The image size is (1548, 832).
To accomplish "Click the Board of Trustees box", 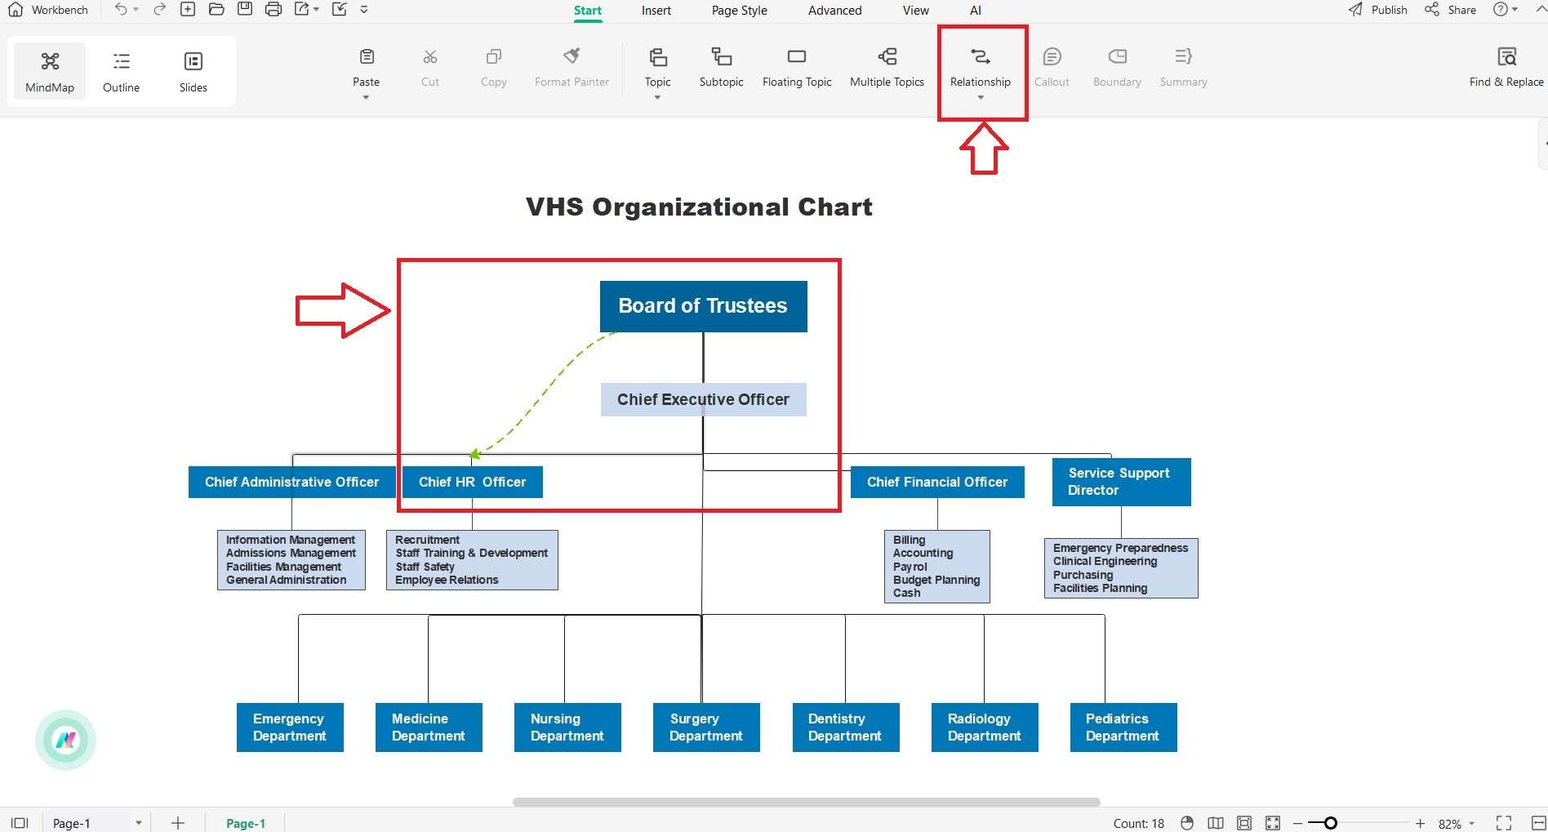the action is pos(703,306).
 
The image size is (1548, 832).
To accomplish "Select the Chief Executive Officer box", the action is pos(703,399).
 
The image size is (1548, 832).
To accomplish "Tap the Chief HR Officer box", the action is pos(472,482).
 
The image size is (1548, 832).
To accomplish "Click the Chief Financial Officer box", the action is pos(937,482).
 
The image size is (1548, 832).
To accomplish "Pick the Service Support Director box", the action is pos(1121,482).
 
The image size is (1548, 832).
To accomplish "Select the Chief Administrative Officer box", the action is pos(291,482).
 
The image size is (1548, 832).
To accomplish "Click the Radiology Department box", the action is pos(985,727).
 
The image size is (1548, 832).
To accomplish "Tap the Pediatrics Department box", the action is pos(1123,727).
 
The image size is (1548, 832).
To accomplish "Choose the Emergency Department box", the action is pos(290,727).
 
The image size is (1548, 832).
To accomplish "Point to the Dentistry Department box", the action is pos(846,727).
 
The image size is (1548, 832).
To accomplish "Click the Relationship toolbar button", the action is pos(980,70).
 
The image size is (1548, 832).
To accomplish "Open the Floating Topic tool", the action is pos(797,69).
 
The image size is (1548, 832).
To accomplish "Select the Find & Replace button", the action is pos(1506,69).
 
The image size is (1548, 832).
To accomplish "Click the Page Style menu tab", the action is pos(739,11).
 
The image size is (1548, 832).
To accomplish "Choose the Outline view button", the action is pos(121,72).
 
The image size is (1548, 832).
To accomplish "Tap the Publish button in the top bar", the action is pos(1378,10).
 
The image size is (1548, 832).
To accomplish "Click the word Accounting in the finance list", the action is pos(923,553).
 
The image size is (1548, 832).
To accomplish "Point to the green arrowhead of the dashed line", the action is pos(474,454).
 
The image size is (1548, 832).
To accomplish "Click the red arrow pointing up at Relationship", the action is pos(984,148).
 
